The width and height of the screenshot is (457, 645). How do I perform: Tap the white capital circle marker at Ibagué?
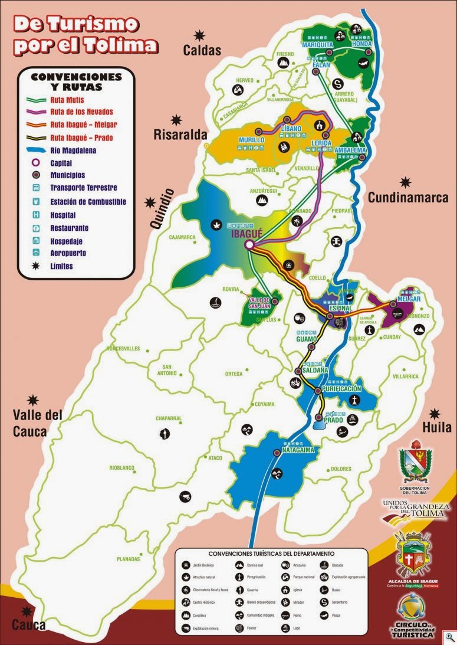click(x=250, y=244)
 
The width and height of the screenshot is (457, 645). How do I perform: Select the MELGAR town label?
click(x=409, y=299)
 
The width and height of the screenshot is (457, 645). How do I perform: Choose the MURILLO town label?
click(x=252, y=140)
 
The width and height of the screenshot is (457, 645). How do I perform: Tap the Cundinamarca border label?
click(x=408, y=198)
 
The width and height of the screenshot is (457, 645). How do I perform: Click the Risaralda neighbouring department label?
click(x=179, y=135)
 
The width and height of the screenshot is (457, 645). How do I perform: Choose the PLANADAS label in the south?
click(x=128, y=559)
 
